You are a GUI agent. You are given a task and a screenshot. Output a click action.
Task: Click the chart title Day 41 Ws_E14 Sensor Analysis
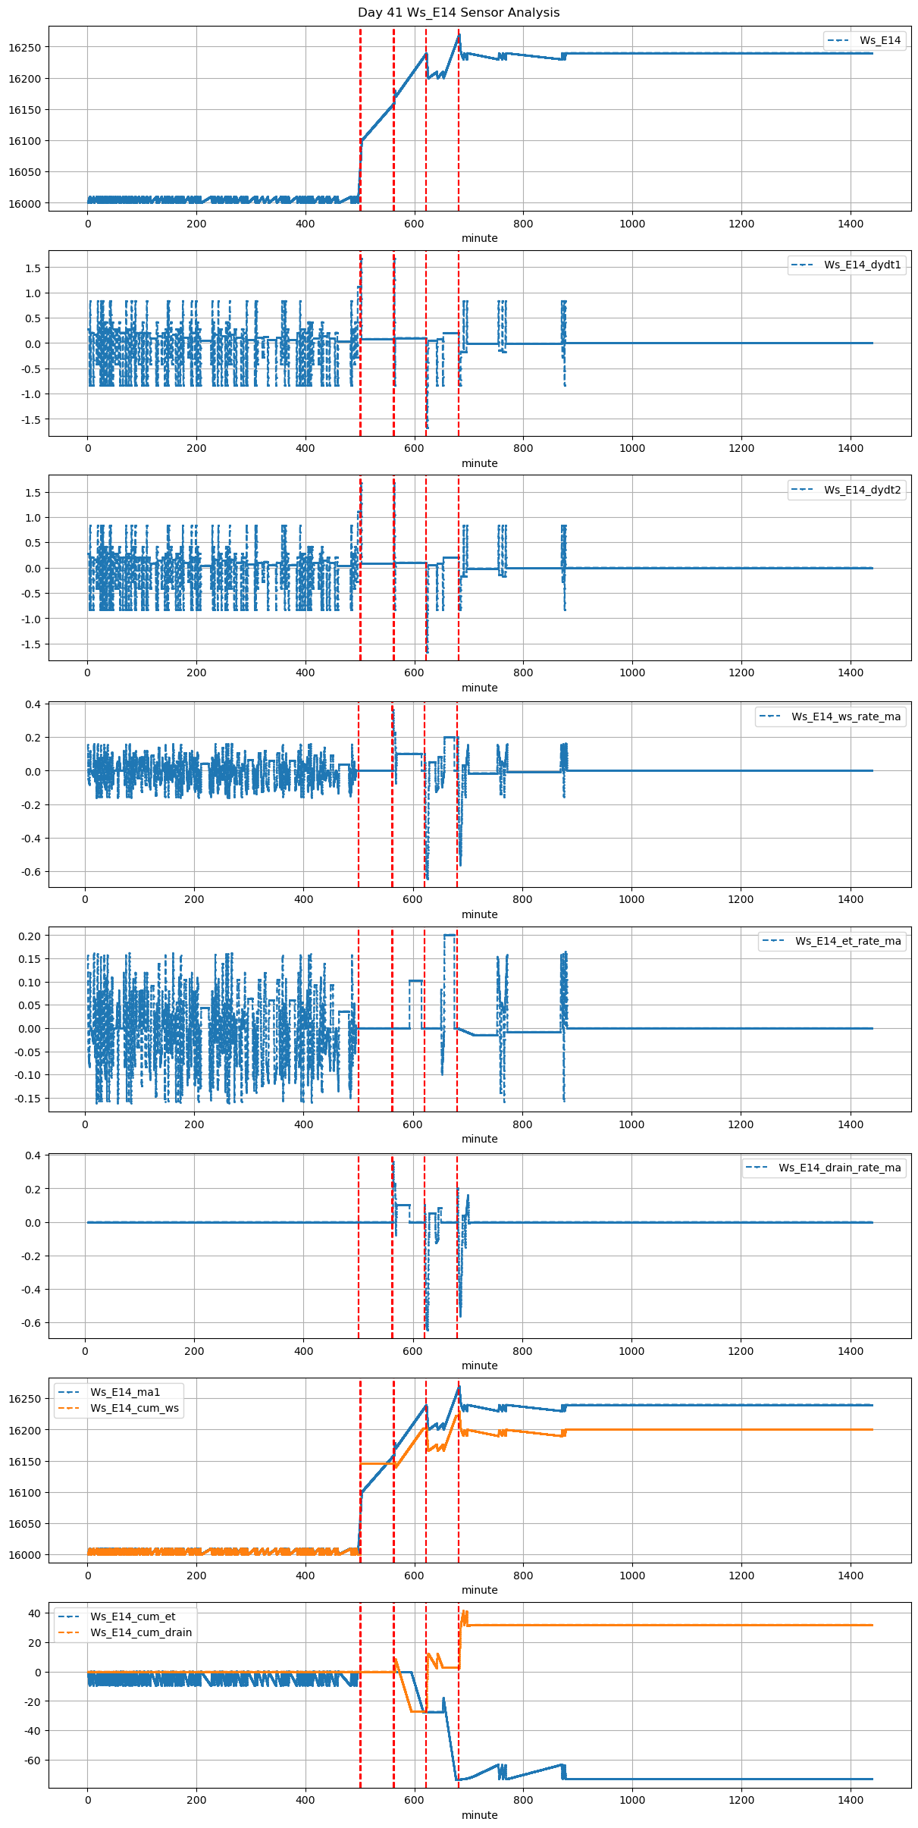point(459,12)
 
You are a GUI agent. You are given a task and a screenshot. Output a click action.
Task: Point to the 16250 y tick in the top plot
point(24,47)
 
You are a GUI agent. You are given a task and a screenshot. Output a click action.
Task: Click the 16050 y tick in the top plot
point(24,172)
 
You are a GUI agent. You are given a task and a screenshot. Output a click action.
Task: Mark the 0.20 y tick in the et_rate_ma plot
point(30,936)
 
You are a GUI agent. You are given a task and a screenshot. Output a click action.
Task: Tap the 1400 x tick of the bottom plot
point(851,1801)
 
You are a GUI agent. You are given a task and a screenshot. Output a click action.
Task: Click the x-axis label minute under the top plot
point(480,238)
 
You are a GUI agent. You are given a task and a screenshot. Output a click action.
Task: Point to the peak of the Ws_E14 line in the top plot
point(459,34)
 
